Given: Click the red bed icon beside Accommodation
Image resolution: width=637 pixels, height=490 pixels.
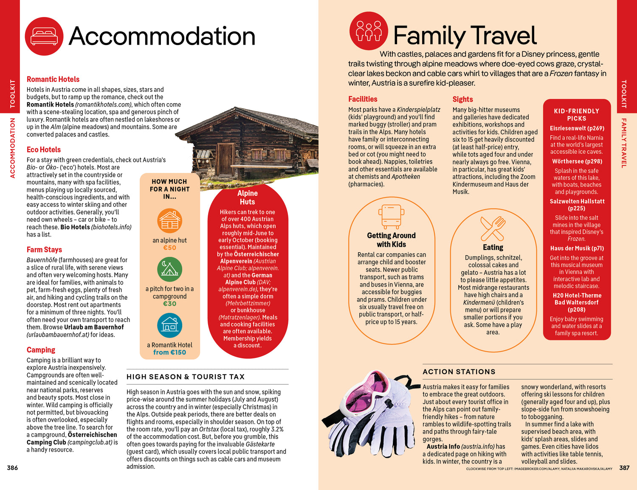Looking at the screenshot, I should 44,37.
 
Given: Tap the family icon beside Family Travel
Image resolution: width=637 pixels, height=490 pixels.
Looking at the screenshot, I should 368,31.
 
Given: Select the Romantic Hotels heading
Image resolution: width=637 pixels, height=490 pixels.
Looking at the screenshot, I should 53,79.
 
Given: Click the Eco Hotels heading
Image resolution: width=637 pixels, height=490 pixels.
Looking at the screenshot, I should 44,149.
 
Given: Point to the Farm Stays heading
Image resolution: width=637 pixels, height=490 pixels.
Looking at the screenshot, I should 44,250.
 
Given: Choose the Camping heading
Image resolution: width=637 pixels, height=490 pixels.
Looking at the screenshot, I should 41,350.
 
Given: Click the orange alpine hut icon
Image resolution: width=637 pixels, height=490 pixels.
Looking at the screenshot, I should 169,221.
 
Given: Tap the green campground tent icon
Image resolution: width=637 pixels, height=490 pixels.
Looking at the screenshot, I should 169,269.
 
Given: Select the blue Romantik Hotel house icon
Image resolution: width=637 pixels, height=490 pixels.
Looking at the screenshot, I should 169,326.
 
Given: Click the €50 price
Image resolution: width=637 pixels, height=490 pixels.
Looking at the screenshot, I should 169,248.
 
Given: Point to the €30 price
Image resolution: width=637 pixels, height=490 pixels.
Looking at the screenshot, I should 169,304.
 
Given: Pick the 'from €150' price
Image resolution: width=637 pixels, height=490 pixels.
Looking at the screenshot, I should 169,352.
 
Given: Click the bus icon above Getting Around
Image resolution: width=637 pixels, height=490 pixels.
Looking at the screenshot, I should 390,216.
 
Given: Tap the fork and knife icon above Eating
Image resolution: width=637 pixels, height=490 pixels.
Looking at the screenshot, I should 493,228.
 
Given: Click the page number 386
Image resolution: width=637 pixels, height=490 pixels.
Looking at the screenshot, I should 12,468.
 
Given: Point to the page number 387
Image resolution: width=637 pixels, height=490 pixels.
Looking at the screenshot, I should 624,468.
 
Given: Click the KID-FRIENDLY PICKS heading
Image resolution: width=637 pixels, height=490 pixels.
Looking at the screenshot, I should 576,115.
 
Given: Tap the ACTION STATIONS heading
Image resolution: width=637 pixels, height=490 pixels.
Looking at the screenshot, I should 459,372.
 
